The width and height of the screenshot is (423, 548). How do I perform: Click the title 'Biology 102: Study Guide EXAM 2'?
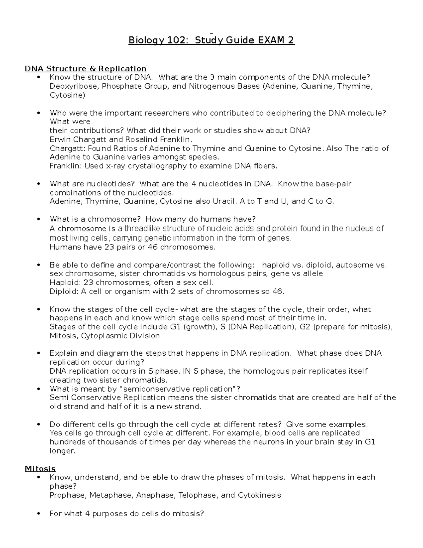(211, 41)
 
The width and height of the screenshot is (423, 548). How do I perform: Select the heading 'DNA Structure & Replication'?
(86, 68)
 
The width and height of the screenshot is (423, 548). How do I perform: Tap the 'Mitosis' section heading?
(40, 469)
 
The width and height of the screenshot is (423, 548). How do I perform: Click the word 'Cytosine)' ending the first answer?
(67, 95)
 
